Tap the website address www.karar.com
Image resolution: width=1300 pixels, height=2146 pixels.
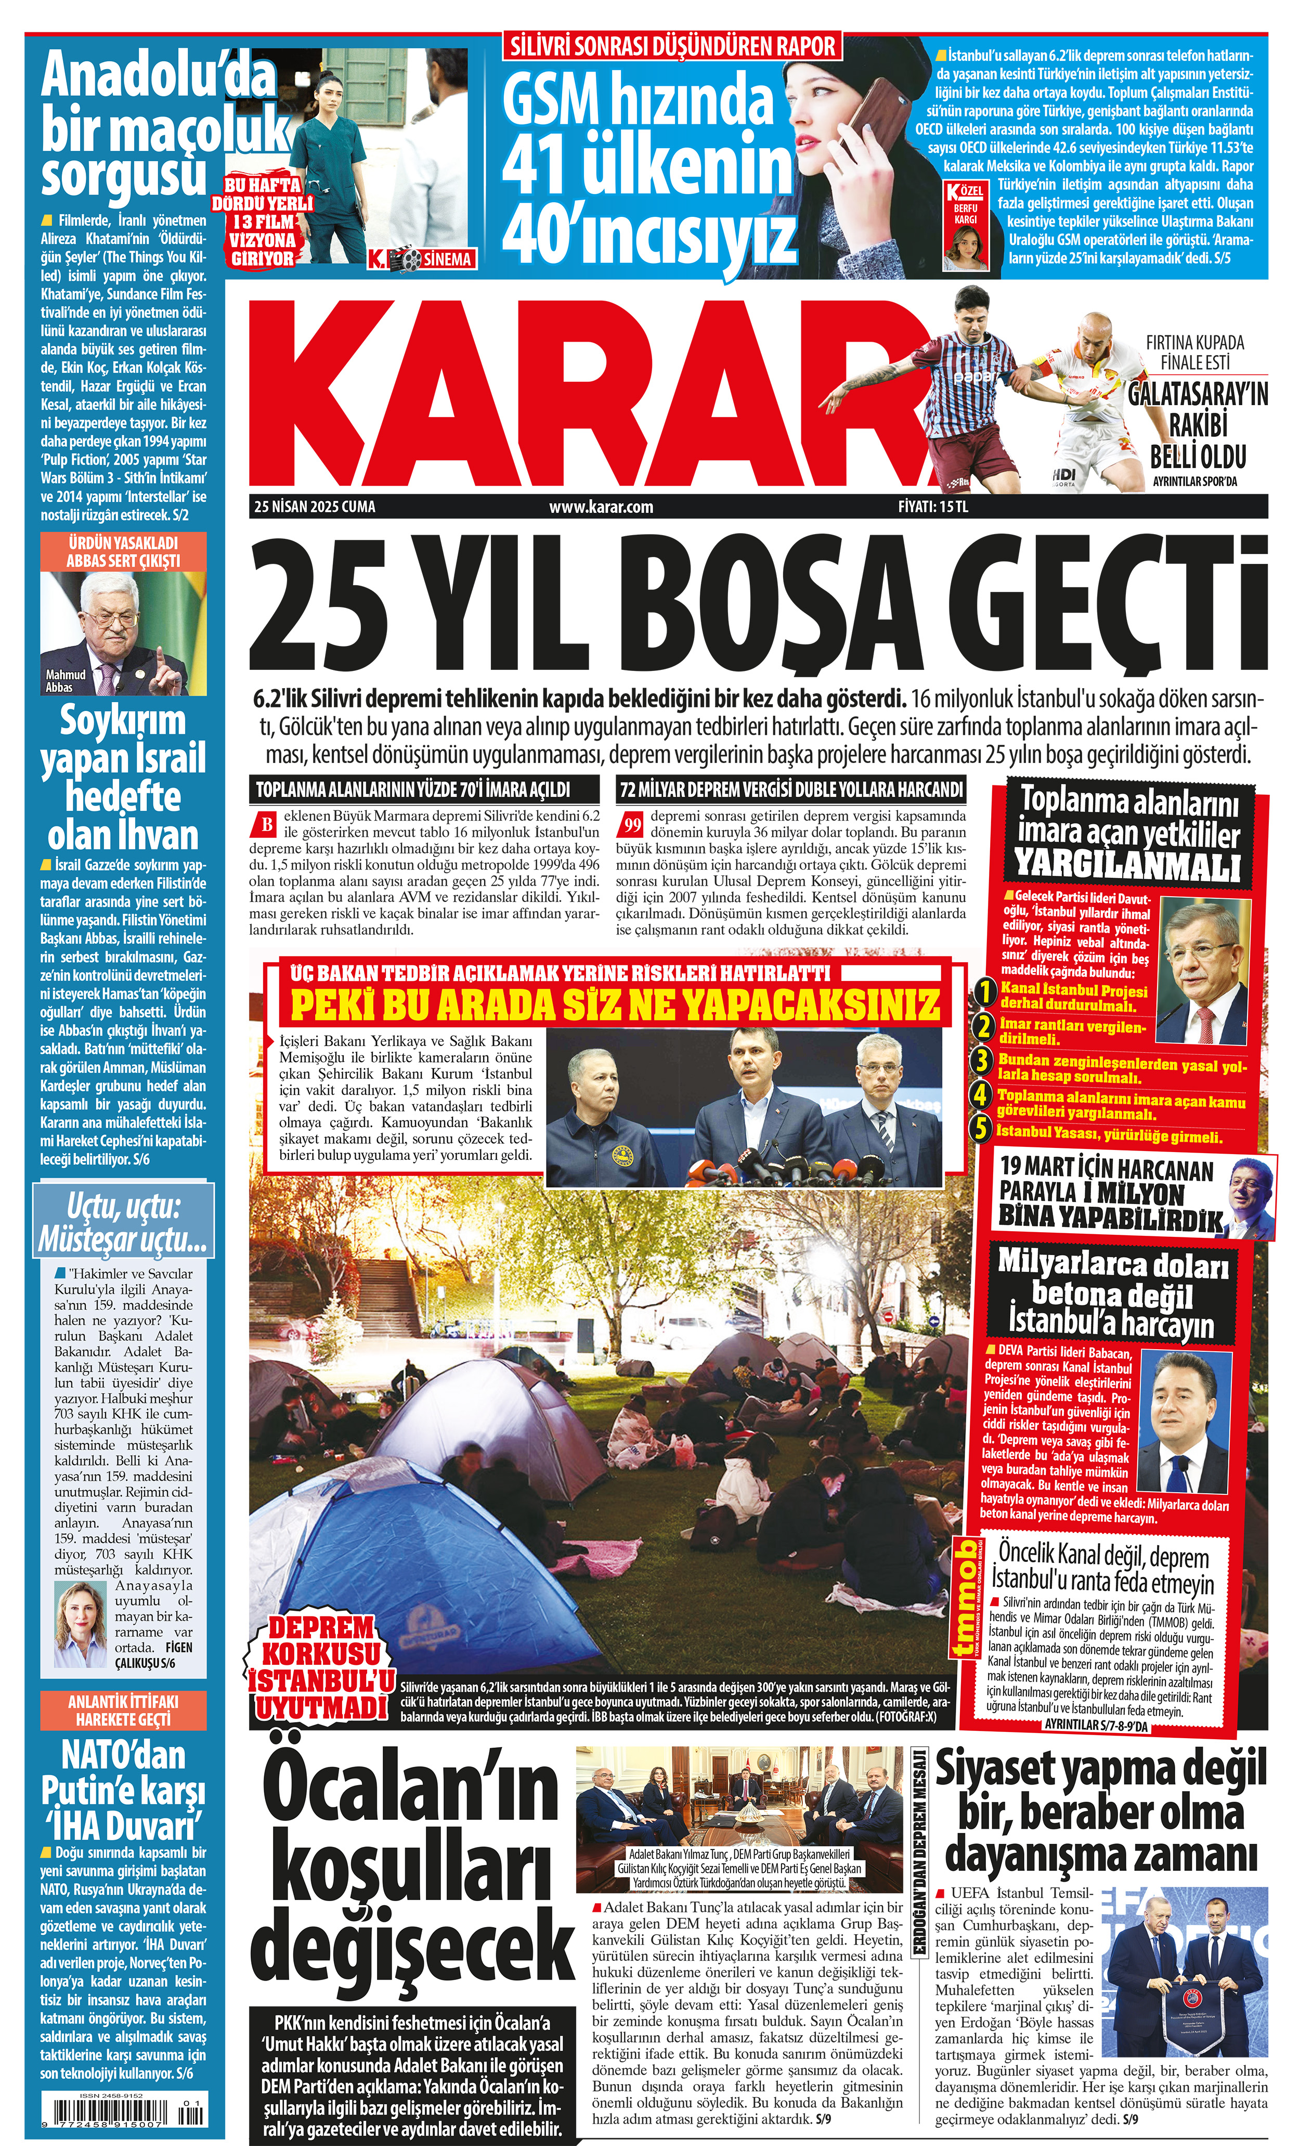601,507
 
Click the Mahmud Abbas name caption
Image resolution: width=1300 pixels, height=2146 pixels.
66,680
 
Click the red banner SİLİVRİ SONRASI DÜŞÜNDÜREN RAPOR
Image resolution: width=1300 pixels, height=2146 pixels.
672,46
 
